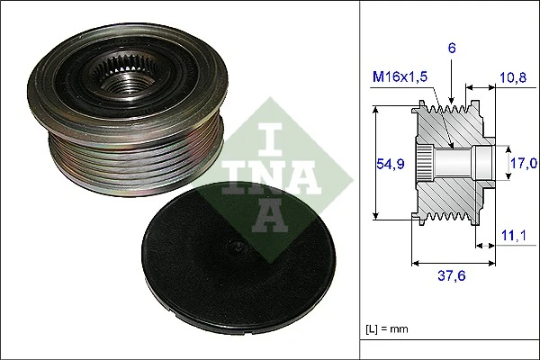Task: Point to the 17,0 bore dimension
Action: click(524, 163)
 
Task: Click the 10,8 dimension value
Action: click(512, 78)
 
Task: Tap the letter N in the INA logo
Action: click(271, 176)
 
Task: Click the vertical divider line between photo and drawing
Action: click(360, 180)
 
